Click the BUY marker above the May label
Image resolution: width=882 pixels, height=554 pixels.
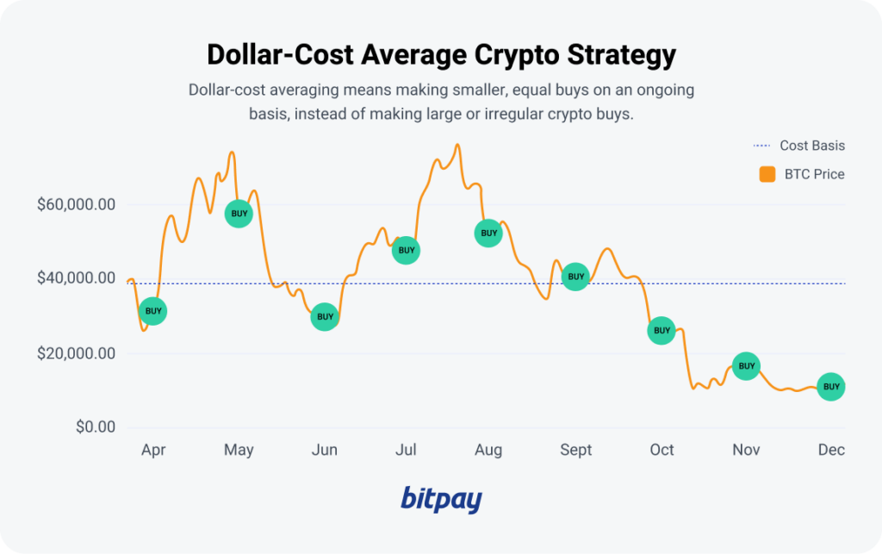click(x=239, y=213)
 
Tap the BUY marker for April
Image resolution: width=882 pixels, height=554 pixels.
click(x=153, y=311)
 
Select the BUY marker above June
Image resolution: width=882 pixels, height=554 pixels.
click(x=325, y=317)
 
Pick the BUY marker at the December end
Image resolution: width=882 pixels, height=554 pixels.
click(x=831, y=387)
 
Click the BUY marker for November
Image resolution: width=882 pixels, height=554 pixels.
click(x=746, y=366)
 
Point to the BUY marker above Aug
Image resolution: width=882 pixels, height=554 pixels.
click(x=488, y=233)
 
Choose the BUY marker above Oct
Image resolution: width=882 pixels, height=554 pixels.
click(x=661, y=330)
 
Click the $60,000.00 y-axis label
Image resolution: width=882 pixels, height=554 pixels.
click(x=76, y=205)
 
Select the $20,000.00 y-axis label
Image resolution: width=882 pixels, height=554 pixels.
click(x=76, y=353)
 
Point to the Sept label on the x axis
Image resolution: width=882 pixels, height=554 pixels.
click(x=576, y=450)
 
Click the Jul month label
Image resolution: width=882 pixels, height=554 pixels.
click(x=406, y=450)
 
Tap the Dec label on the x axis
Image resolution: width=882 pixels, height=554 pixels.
click(x=831, y=450)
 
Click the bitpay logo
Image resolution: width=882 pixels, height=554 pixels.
click(x=441, y=499)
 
